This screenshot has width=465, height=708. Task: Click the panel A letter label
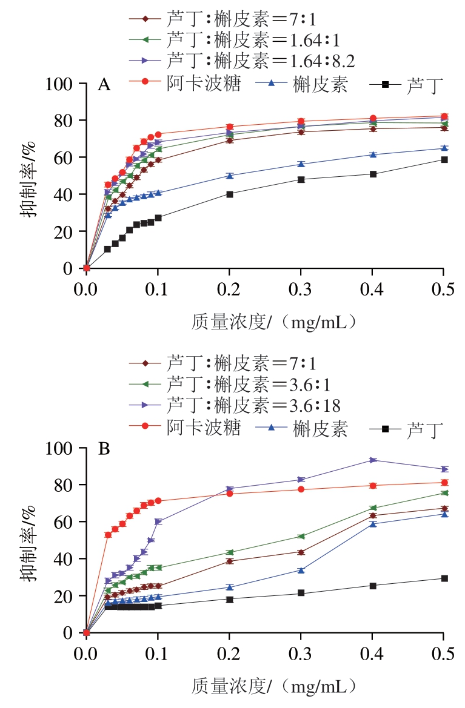click(104, 85)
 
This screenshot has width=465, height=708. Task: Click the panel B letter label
click(104, 449)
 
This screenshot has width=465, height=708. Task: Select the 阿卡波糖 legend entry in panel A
click(184, 84)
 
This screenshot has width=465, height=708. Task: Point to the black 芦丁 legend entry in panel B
click(407, 429)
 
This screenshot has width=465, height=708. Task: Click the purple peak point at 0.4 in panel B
click(373, 460)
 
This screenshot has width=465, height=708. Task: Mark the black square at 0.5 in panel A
click(444, 160)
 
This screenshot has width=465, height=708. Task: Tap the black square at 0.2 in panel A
click(230, 194)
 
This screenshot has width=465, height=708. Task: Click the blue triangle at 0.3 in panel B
click(301, 570)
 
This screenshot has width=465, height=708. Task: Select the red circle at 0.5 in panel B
click(444, 483)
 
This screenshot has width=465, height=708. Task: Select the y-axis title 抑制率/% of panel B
click(32, 540)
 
